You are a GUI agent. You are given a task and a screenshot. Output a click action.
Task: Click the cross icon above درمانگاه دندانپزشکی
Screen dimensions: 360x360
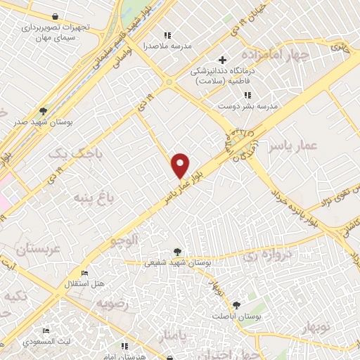pos(222,60)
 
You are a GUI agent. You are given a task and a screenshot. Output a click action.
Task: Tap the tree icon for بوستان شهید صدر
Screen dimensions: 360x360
pos(44,111)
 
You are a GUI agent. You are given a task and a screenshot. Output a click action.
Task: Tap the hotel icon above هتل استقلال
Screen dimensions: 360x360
pos(85,273)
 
